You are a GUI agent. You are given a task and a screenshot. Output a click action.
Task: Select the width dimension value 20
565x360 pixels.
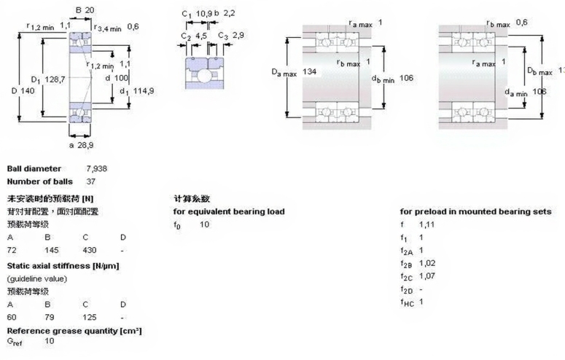click(x=90, y=10)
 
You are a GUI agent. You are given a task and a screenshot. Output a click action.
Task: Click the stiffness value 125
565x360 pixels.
click(x=90, y=317)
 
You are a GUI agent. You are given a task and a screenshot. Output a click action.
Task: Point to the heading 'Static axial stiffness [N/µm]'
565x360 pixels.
click(x=63, y=265)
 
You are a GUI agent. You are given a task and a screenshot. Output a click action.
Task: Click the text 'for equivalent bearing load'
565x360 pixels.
click(x=228, y=211)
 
